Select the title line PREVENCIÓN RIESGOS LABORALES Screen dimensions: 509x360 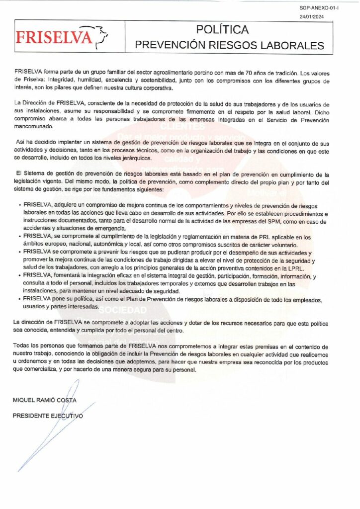click(x=230, y=45)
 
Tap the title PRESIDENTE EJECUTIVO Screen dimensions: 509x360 click(x=48, y=416)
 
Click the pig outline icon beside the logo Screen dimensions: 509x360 click(x=102, y=35)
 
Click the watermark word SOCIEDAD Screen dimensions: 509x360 click(x=120, y=309)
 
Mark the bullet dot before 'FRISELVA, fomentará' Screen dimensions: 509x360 click(x=19, y=274)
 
